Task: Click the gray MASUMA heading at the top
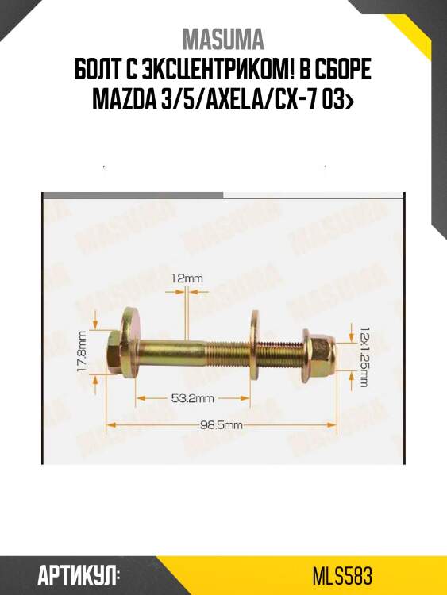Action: (223, 40)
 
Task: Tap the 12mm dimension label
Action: (187, 278)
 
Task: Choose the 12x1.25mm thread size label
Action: (364, 355)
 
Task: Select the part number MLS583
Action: (343, 575)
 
